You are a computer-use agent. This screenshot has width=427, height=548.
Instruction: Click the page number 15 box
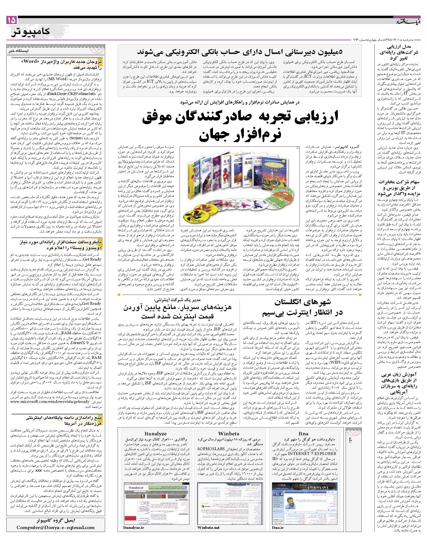point(12,20)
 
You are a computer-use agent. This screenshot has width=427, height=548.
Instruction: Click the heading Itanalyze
point(155,434)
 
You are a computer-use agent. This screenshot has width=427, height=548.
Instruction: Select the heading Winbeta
point(228,434)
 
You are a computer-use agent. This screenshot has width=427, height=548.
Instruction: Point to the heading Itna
point(303,434)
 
